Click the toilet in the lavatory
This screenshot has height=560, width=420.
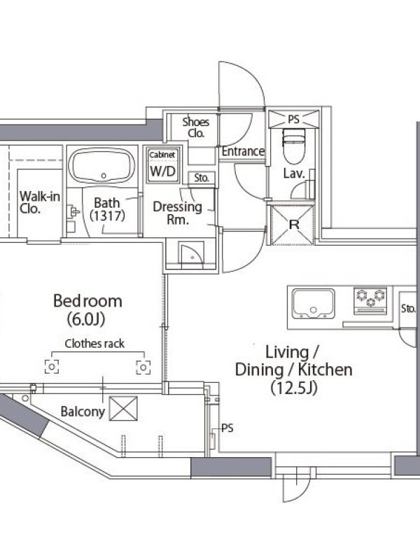pos(294,146)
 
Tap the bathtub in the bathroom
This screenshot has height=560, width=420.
pos(101,166)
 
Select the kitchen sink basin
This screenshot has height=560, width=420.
pos(313,304)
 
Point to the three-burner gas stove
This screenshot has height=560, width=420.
pos(370,301)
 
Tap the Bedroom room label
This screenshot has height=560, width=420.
pos(87,301)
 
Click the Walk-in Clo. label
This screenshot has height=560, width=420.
pos(40,202)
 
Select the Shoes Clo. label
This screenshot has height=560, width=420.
pos(196,127)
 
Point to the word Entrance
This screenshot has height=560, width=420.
pos(243,151)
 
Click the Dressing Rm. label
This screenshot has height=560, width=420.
pos(178,213)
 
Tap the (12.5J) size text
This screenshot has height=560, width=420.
pos(293,388)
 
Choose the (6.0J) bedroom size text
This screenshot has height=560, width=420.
pos(85,320)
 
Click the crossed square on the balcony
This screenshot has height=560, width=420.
pos(123,408)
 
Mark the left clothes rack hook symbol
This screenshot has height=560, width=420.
pos(52,367)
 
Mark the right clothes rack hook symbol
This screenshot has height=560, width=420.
pos(143,367)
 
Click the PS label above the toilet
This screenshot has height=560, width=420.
pos(293,119)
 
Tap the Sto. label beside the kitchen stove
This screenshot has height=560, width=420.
pos(408,308)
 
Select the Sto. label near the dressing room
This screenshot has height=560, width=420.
pos(202,178)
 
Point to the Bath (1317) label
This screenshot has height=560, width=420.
pos(107,209)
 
